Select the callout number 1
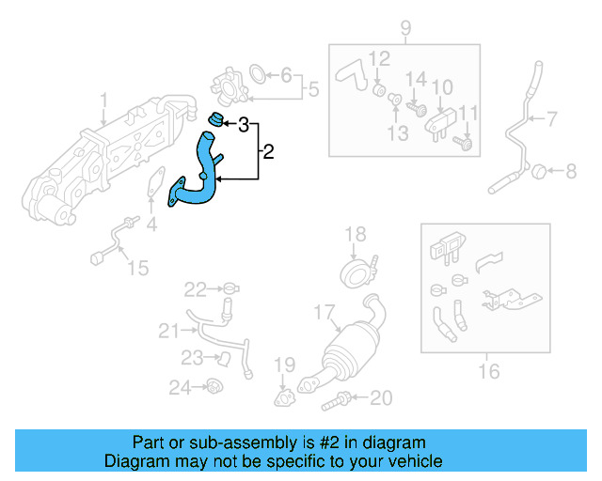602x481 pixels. pos(104,99)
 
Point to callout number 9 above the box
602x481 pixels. pos(405,27)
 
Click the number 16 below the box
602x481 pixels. pos(488,372)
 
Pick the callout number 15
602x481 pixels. pos(137,269)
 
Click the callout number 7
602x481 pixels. pos(551,118)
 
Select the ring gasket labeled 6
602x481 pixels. pos(258,72)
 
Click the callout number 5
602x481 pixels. pos(314,89)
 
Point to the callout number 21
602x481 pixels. pos(168,329)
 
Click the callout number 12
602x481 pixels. pos(378,58)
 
